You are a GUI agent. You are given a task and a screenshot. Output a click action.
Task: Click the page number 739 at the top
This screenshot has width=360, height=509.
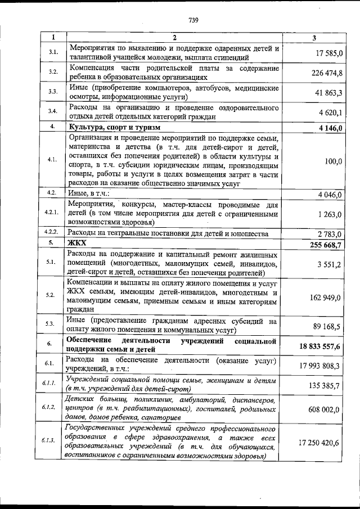(x=194, y=21)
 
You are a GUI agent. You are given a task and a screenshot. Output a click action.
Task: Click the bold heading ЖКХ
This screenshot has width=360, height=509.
(x=78, y=244)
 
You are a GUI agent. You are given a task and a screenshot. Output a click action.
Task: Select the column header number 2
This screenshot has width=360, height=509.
(x=174, y=38)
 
